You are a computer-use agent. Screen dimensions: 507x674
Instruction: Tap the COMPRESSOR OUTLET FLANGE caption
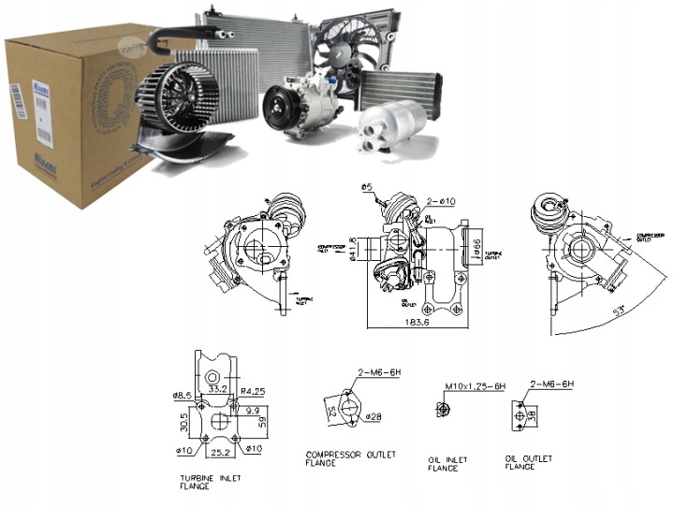tap(350, 459)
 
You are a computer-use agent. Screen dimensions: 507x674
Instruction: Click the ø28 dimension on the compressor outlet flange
tap(374, 415)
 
